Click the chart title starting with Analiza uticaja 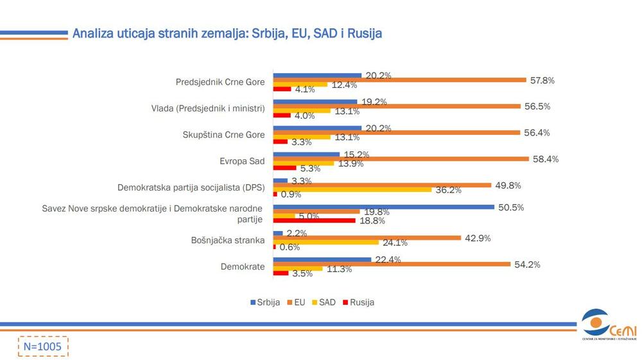[x=227, y=33]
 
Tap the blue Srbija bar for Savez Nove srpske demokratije [x=384, y=207]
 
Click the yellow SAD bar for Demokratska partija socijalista [x=352, y=190]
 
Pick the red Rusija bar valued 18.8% [x=314, y=220]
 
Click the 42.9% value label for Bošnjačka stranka [x=478, y=238]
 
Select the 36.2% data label [x=449, y=190]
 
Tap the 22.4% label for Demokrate [x=388, y=259]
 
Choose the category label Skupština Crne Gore [x=224, y=135]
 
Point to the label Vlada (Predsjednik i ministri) [x=204, y=108]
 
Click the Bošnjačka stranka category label [x=229, y=240]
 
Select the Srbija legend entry [x=265, y=302]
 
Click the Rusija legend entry [x=359, y=302]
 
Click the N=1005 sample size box [x=42, y=346]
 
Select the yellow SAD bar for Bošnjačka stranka [x=326, y=242]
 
